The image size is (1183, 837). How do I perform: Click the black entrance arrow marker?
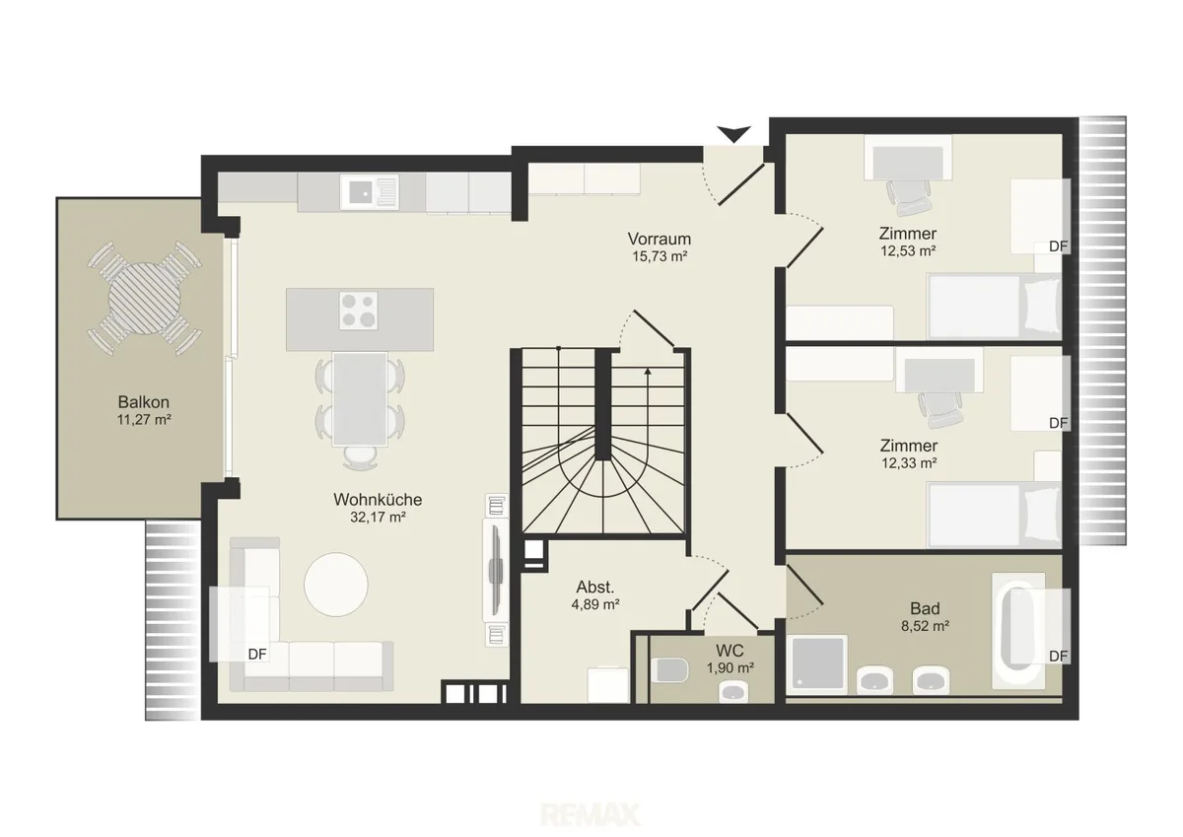pos(733,134)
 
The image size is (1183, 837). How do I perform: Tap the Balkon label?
pos(144,402)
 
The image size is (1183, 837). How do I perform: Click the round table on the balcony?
pos(144,299)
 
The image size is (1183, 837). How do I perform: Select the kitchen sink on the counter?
pos(370,192)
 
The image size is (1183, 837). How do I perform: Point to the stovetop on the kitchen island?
pos(359,311)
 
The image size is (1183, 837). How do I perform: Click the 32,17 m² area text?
pos(378,517)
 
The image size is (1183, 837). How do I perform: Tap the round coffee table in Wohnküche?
pos(336,585)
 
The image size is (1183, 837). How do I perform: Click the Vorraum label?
pos(660,239)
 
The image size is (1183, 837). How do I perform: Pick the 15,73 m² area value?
pos(660,256)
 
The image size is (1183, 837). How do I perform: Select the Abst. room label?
pos(595,587)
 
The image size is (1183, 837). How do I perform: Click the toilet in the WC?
pos(669,670)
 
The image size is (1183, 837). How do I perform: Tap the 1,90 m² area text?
pos(730,668)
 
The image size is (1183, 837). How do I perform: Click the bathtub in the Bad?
pos(1018,631)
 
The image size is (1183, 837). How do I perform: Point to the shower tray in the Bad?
pos(816,664)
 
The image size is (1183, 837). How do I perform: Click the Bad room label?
pos(925,609)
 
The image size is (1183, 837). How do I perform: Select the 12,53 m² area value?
pos(908,250)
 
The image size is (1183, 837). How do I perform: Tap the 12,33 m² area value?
pos(908,463)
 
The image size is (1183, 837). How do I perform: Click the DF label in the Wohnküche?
pos(257,655)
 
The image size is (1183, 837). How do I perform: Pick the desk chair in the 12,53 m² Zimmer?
pos(907,197)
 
